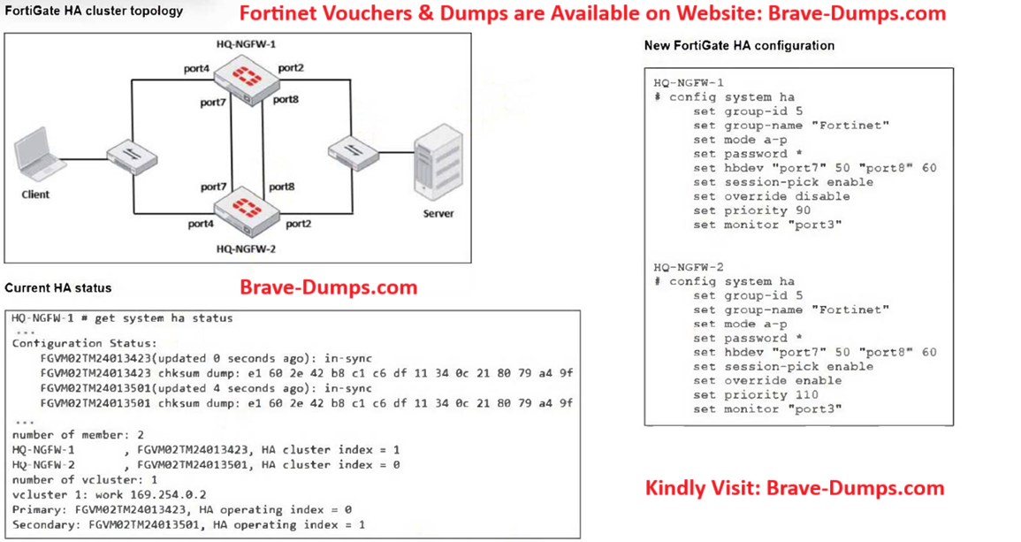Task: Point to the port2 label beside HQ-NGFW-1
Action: tap(291, 67)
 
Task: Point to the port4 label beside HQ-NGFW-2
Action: tap(201, 225)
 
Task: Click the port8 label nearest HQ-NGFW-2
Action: tap(282, 187)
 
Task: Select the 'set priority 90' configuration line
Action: tap(740, 210)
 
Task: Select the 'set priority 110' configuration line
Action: tap(743, 394)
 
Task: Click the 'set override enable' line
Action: tap(767, 380)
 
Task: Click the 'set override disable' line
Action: tap(771, 196)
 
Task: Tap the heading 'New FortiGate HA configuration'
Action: tap(739, 45)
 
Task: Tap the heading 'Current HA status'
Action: tap(58, 288)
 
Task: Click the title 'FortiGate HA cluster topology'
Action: tap(94, 11)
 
